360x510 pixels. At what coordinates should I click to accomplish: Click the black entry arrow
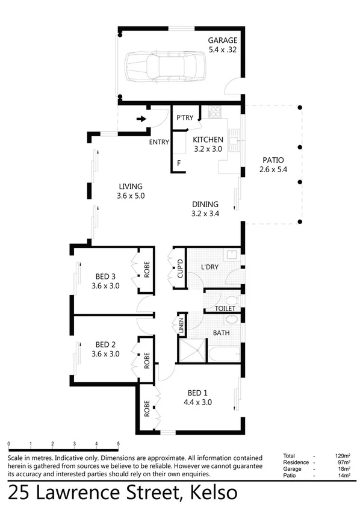tap(141, 119)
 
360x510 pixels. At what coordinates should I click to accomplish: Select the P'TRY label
tap(185, 118)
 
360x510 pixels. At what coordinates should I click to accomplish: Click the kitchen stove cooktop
tap(215, 111)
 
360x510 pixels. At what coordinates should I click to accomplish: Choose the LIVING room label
tap(131, 185)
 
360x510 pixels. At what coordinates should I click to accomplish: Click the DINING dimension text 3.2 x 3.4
tap(205, 213)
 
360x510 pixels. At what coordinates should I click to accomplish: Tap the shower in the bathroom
tap(191, 349)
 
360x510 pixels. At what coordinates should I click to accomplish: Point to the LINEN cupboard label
tap(181, 326)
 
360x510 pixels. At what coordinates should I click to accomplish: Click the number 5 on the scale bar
tap(119, 444)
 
